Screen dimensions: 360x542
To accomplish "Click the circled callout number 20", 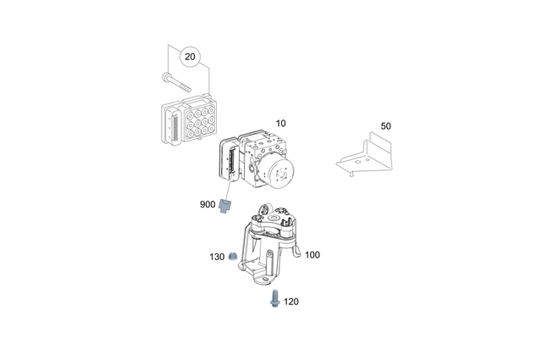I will (190, 57).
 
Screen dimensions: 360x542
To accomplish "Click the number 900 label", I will (207, 205).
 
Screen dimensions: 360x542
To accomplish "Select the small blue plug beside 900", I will (226, 206).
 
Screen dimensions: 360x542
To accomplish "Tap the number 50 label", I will (385, 126).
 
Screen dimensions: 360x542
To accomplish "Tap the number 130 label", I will (218, 257).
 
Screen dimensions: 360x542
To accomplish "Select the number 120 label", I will (291, 302).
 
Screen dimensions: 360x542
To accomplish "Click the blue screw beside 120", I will (274, 298).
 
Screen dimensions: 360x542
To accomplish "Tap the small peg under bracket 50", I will (351, 175).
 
